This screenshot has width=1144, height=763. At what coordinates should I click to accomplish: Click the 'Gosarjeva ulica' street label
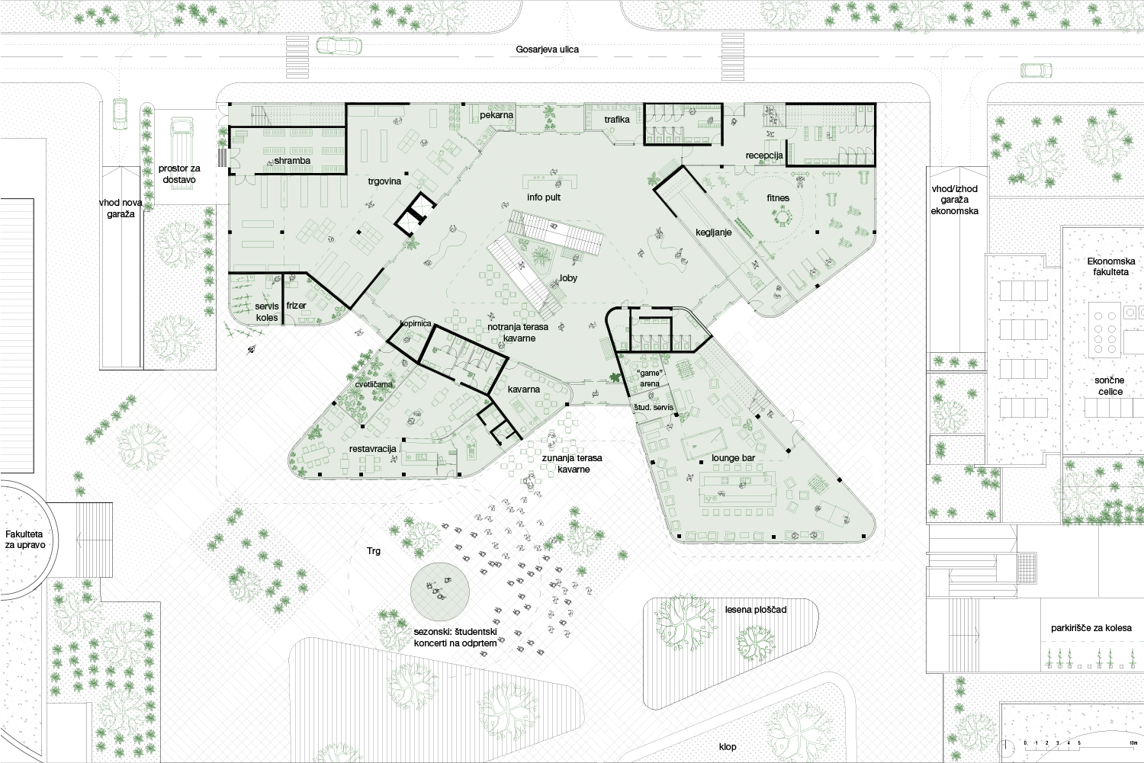pos(547,50)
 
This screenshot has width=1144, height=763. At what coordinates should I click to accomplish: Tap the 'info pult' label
pos(544,197)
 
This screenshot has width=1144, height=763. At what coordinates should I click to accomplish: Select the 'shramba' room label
pos(292,161)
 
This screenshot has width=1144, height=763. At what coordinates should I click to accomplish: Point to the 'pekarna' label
pos(496,115)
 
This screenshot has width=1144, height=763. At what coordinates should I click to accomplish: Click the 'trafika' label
pos(617,120)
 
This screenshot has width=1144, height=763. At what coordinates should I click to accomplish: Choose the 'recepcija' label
pos(764,155)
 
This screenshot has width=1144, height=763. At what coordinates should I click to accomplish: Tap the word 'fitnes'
pos(778,198)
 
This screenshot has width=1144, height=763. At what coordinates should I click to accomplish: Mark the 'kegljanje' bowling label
pos(713,232)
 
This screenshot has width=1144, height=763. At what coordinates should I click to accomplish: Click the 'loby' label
pos(568,278)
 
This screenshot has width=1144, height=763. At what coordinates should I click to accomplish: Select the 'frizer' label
pos(296,306)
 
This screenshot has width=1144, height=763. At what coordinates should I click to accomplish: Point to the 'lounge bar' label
pos(734,458)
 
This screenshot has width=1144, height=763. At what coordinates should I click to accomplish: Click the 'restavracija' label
pos(373,449)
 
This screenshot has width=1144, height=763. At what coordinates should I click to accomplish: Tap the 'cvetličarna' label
pos(374,384)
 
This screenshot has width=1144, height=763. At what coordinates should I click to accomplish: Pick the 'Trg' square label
pos(374,551)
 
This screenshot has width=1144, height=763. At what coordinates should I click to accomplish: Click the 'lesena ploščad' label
pos(756,610)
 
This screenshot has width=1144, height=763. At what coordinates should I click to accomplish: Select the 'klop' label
pos(728,747)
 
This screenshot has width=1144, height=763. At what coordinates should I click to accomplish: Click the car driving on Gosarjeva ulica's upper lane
pos(339,46)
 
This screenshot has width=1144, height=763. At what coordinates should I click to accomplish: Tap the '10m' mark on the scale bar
pos(1133,742)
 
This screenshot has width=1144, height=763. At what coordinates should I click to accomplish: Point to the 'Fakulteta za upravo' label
pos(25,540)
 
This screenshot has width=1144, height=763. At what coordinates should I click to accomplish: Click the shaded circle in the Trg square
pos(440,591)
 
